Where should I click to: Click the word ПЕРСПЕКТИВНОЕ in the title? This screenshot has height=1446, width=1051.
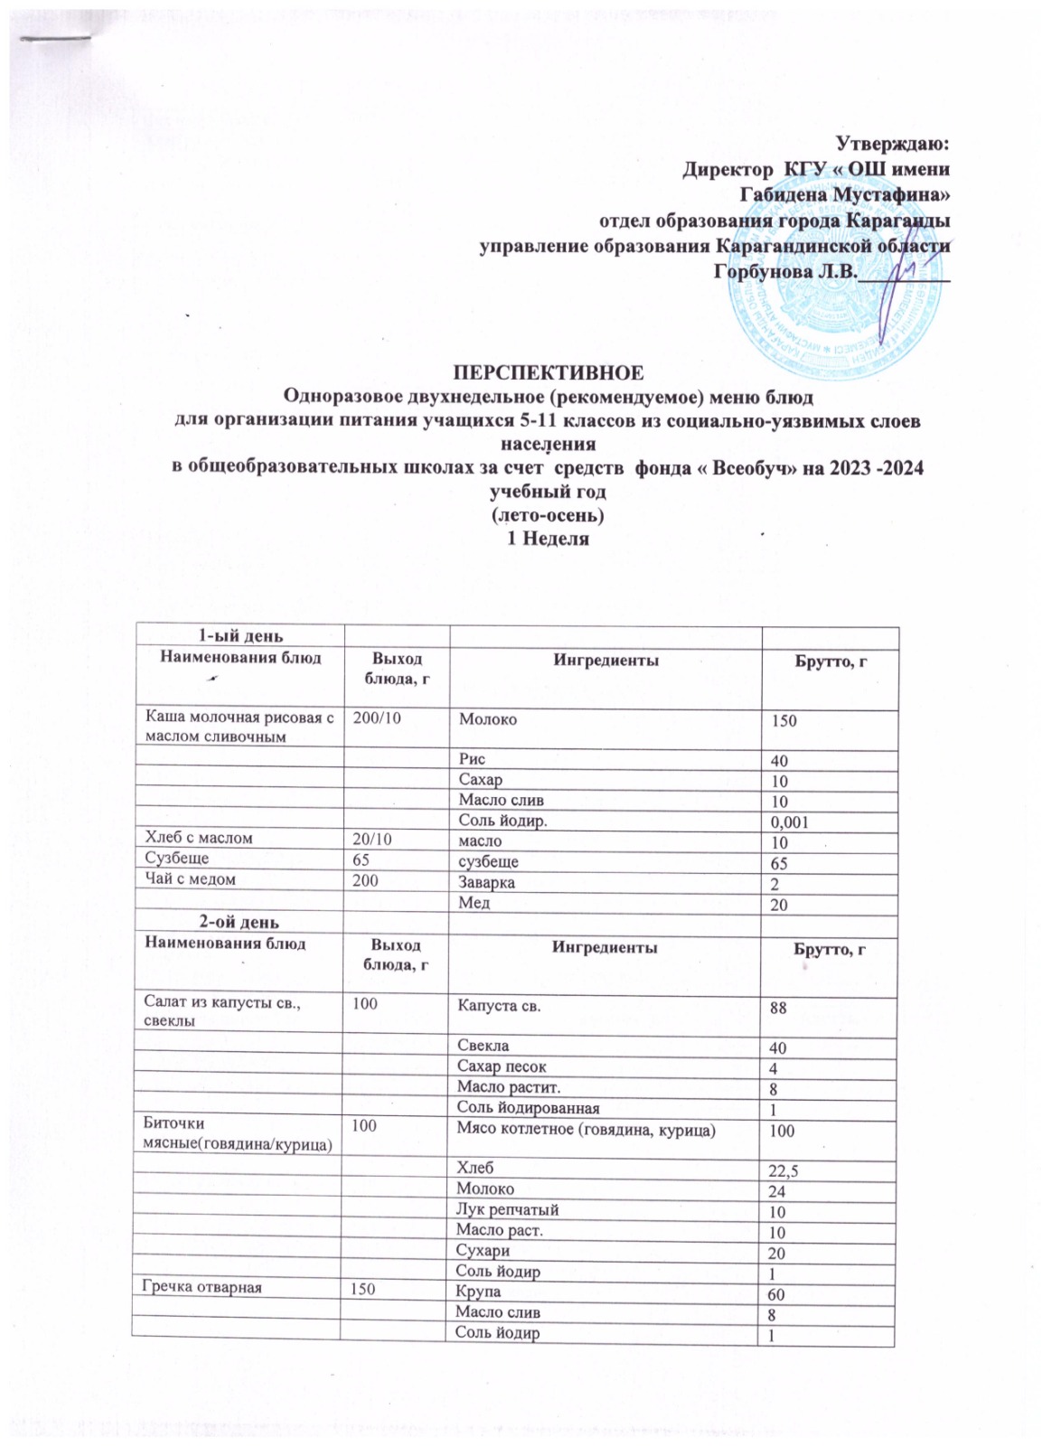549,372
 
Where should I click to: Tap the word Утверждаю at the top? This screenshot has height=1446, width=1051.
891,143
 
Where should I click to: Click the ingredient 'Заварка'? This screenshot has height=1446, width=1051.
487,882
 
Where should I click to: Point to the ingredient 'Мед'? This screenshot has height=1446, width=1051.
474,903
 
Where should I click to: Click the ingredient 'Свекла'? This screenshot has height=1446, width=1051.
482,1047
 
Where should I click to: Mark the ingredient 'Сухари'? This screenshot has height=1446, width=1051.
483,1251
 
